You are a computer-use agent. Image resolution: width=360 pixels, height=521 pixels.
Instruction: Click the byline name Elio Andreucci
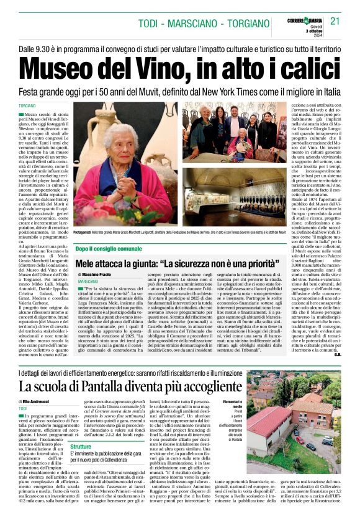(43, 401)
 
